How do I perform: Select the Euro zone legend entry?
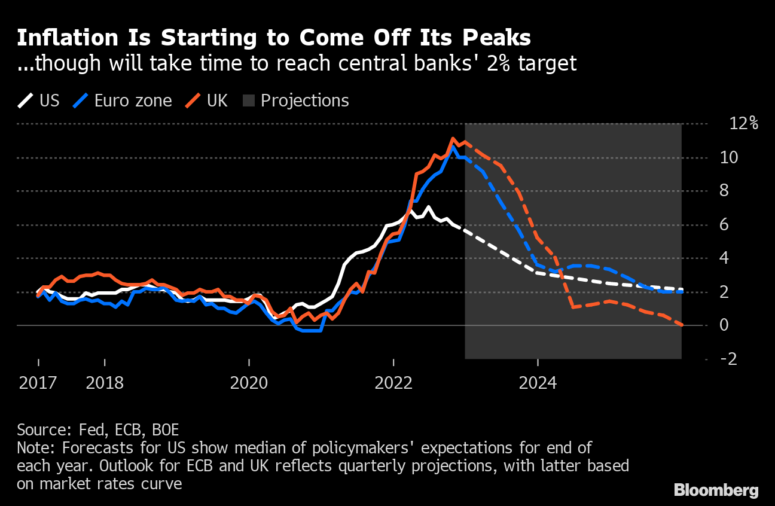[x=123, y=100]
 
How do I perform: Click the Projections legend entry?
[x=297, y=100]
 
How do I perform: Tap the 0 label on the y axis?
[x=724, y=325]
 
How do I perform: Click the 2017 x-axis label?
[x=38, y=383]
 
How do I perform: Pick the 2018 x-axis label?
[x=105, y=383]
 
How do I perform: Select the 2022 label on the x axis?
[x=393, y=383]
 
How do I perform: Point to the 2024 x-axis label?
[x=538, y=383]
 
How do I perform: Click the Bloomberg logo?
[x=716, y=490]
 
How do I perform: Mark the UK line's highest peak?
[x=453, y=139]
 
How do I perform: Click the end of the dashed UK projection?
[x=682, y=325]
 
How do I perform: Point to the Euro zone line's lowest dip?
[x=311, y=330]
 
